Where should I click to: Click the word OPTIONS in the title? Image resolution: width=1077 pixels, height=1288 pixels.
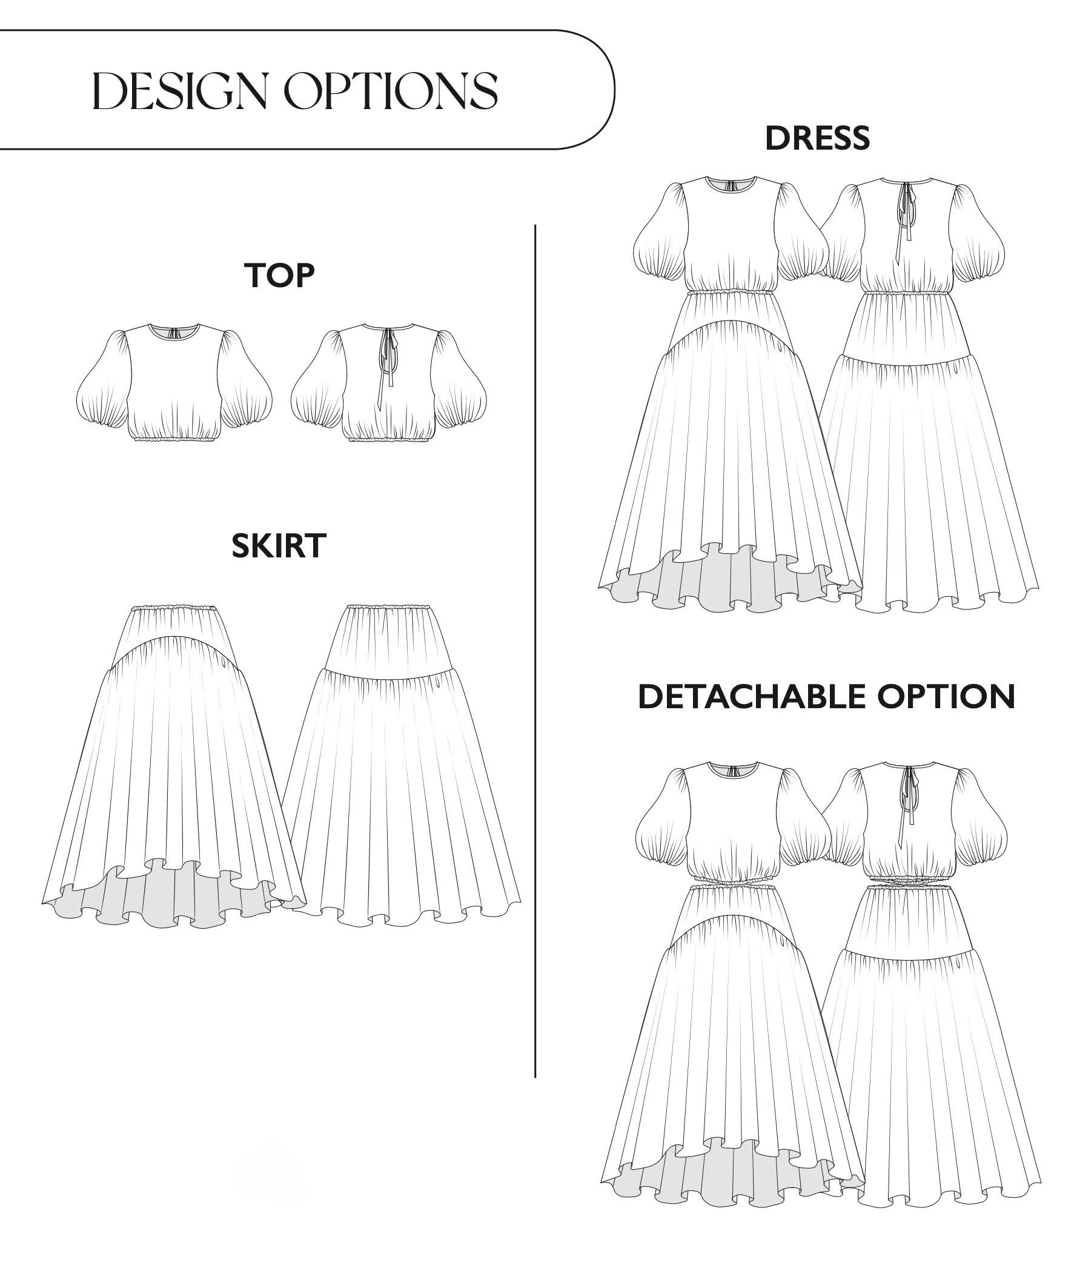tap(393, 91)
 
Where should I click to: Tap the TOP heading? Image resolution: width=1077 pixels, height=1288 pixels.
tap(279, 276)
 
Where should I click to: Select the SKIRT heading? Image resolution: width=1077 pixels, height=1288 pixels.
tap(279, 545)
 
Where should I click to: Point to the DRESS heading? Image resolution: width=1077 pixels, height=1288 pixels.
tap(817, 138)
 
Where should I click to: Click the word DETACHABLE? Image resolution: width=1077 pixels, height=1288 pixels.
tap(752, 697)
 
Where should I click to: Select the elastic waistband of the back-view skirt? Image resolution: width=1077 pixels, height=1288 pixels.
tap(388, 606)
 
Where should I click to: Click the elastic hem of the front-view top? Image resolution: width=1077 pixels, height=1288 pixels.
tap(176, 439)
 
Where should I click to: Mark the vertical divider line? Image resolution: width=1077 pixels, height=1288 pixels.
tap(535, 650)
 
